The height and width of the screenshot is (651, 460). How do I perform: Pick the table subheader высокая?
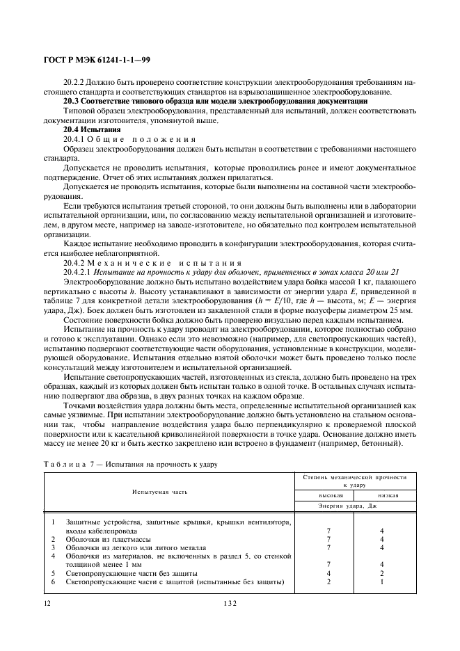point(322,496)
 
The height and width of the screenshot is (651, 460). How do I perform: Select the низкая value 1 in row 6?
point(382,581)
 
